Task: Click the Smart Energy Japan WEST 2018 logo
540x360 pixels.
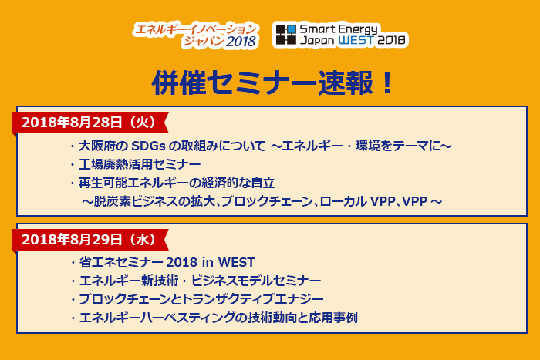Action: (340, 35)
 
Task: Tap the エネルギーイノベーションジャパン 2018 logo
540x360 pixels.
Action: (196, 35)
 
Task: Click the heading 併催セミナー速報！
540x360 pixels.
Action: (272, 82)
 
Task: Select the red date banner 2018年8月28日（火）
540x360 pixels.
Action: (90, 123)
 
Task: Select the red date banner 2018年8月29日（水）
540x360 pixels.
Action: (90, 240)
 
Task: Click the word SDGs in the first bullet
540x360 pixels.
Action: (148, 146)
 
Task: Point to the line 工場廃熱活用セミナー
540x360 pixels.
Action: (140, 164)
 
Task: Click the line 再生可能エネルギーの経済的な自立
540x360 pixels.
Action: (177, 183)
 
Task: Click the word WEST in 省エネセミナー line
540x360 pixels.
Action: (237, 262)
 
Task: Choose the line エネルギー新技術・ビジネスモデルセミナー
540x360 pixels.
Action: (200, 281)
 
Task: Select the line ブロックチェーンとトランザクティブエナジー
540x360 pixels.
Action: (201, 299)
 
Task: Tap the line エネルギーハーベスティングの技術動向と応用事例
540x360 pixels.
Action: (218, 318)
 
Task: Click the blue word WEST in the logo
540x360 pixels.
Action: (356, 40)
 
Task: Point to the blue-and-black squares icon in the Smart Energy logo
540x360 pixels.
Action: (286, 35)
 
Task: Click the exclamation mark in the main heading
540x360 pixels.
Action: (387, 82)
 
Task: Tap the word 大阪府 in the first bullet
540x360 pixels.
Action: (96, 146)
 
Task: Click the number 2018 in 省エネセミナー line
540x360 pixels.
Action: (181, 262)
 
